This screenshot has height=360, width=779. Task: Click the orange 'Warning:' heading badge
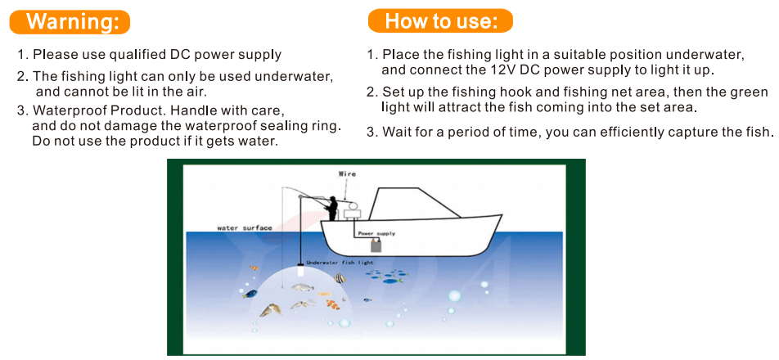[x=70, y=22]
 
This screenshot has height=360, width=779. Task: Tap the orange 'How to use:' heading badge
[x=440, y=21]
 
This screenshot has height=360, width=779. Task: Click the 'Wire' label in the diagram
[x=347, y=173]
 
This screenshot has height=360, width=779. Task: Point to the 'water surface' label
[x=245, y=228]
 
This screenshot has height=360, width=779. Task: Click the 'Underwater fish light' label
[x=340, y=262]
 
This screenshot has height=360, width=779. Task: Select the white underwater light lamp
[x=299, y=271]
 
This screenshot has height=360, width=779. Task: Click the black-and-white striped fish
[x=340, y=277]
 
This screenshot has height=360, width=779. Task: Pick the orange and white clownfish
[x=332, y=303]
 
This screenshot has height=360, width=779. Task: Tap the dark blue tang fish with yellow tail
[x=250, y=294]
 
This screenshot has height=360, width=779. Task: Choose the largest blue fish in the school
[x=393, y=281]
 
